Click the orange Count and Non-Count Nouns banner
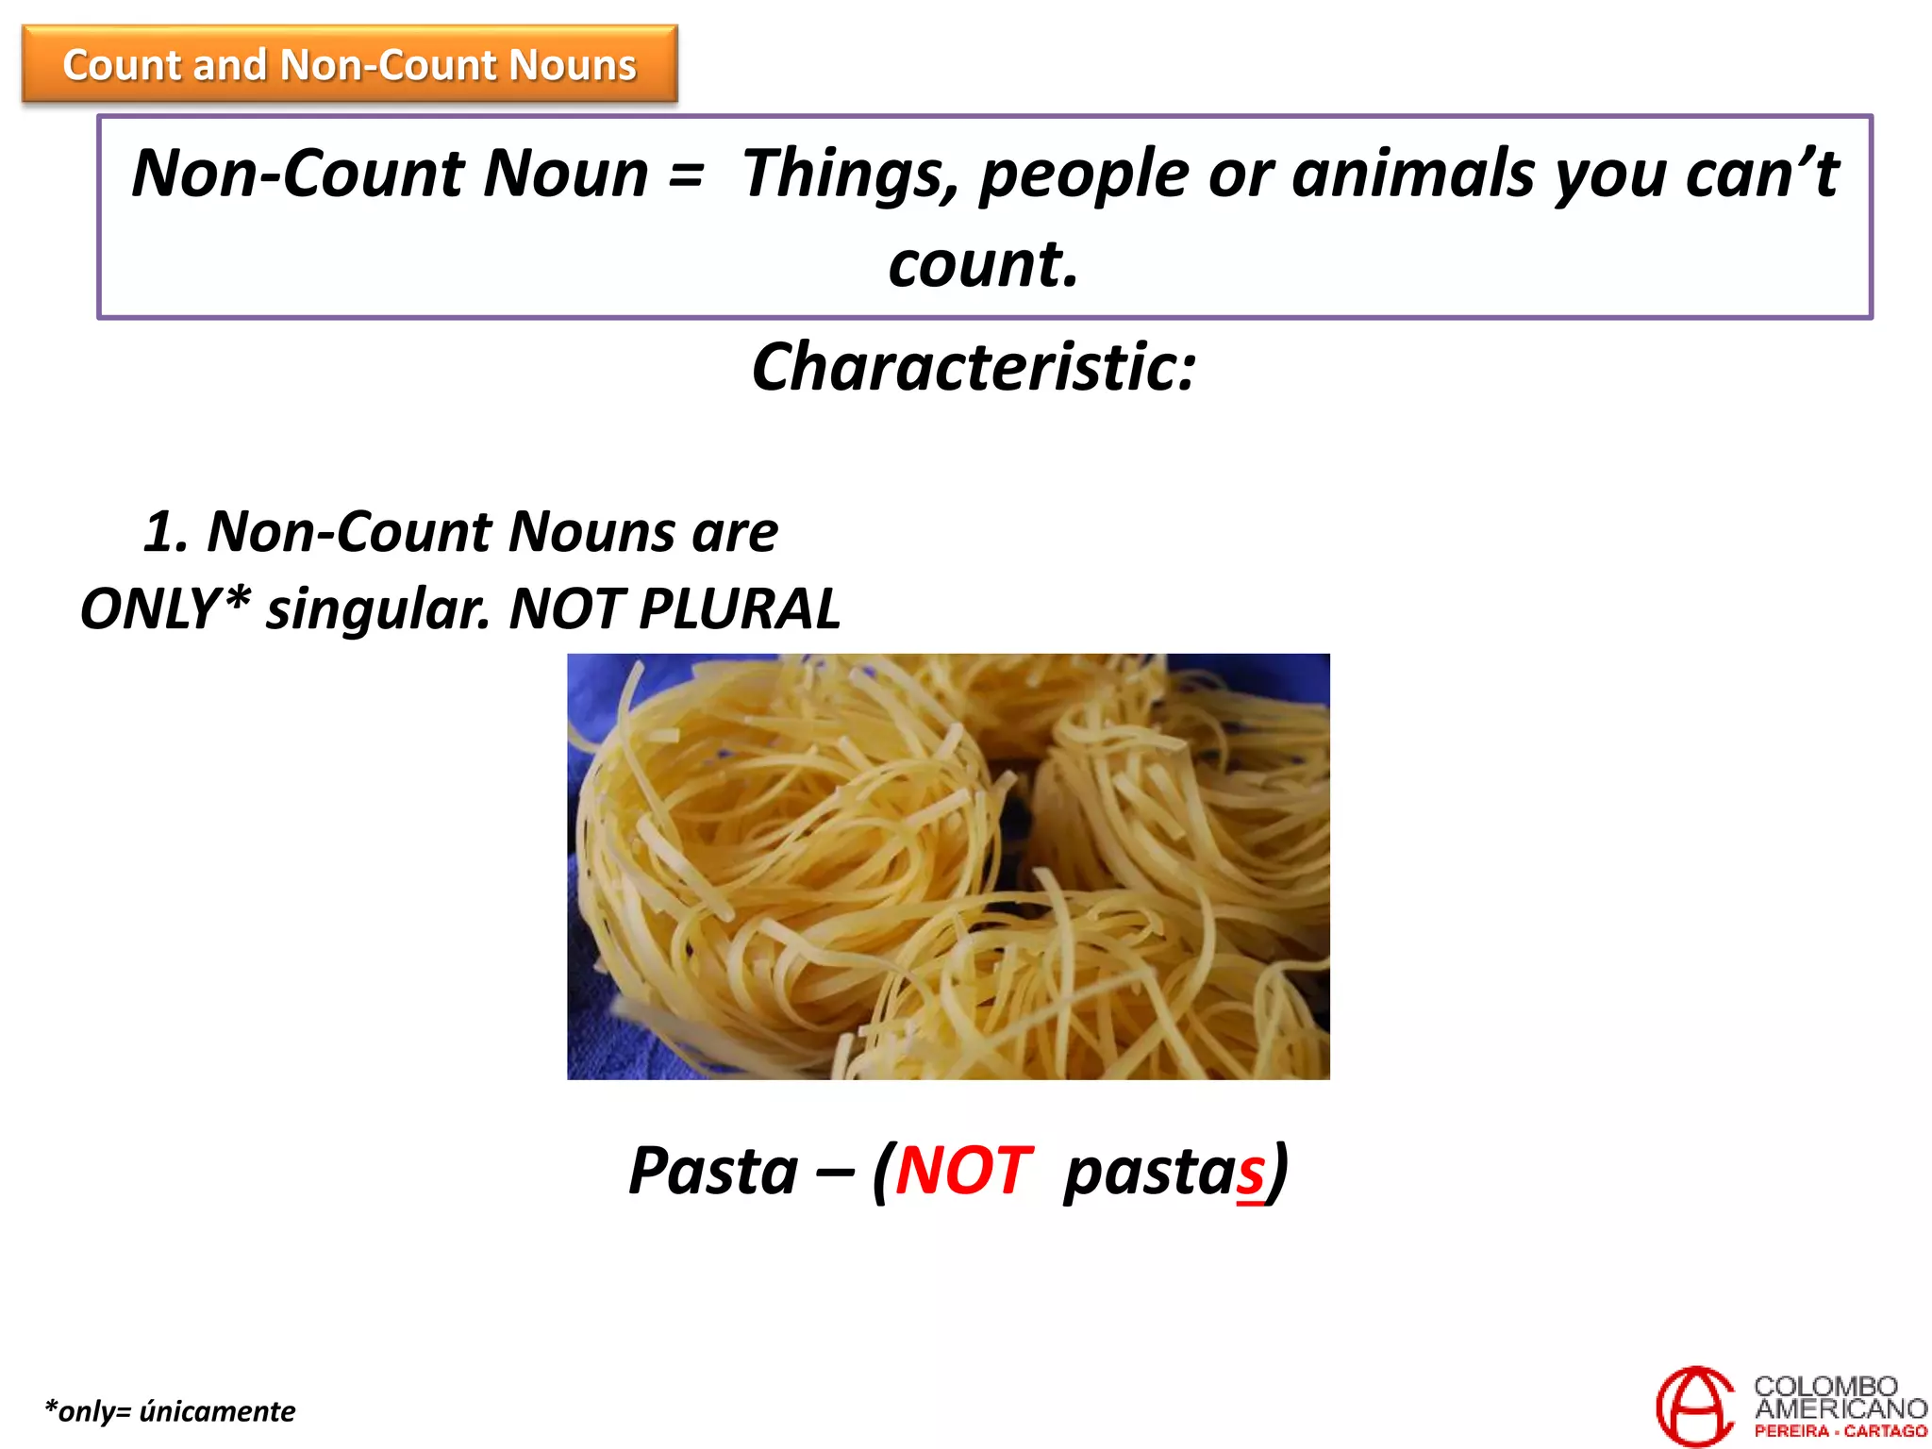pyautogui.click(x=349, y=64)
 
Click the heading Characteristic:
pyautogui.click(x=974, y=367)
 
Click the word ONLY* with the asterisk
pyautogui.click(x=166, y=609)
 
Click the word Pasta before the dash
pyautogui.click(x=713, y=1172)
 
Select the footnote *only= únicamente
pyautogui.click(x=170, y=1411)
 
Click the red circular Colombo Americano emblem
pyautogui.click(x=1695, y=1406)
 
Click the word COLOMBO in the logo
pyautogui.click(x=1825, y=1386)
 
